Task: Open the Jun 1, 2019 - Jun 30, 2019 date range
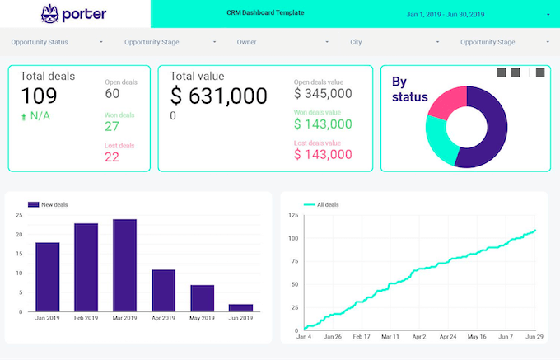[x=446, y=15]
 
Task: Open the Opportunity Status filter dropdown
[x=56, y=41]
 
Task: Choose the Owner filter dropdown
[x=282, y=41]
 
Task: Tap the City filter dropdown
[x=394, y=41]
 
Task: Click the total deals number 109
[x=39, y=96]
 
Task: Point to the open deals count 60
[x=112, y=94]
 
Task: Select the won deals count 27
[x=112, y=126]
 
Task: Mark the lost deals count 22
[x=112, y=157]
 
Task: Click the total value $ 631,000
[x=218, y=96]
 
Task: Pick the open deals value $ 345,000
[x=323, y=94]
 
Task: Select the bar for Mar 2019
[x=124, y=265]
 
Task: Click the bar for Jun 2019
[x=240, y=307]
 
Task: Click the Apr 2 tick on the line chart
[x=420, y=336]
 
